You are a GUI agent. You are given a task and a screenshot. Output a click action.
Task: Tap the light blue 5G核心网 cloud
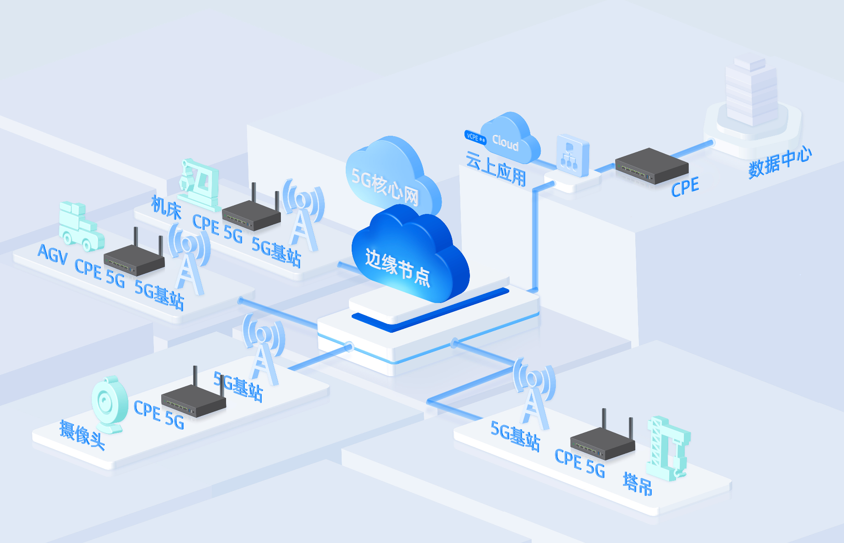[x=388, y=176]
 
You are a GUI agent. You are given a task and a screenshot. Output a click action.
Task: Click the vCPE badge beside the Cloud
[x=475, y=137]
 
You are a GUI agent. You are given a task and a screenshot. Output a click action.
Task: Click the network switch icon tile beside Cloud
[x=572, y=155]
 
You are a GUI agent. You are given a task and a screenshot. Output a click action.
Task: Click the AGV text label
[x=53, y=254]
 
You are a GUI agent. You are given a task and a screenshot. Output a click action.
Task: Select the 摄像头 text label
[x=82, y=435]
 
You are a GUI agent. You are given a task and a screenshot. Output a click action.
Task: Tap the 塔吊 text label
[x=638, y=484]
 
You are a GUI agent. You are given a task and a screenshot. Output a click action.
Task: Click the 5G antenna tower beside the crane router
[x=534, y=393]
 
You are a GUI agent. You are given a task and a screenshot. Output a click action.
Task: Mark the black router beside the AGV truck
[x=134, y=258]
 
